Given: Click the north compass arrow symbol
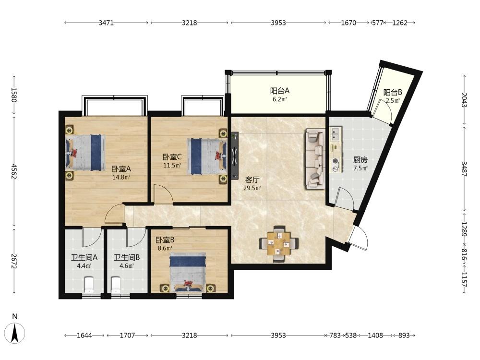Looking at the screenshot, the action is pyautogui.click(x=15, y=333).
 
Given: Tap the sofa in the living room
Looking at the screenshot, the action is pyautogui.click(x=315, y=158).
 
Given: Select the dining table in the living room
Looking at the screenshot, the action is pyautogui.click(x=278, y=243).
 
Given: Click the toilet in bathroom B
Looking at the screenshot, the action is pyautogui.click(x=116, y=284).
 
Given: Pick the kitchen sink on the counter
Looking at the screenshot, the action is pyautogui.click(x=335, y=134).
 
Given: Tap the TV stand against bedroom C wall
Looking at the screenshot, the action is pyautogui.click(x=235, y=156).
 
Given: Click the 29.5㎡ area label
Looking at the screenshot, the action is pyautogui.click(x=252, y=188).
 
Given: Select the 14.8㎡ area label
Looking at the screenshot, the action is pyautogui.click(x=121, y=177).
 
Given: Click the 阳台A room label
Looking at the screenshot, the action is pyautogui.click(x=280, y=91).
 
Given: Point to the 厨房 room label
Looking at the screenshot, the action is pyautogui.click(x=360, y=160).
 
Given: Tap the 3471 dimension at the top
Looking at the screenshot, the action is pyautogui.click(x=106, y=23).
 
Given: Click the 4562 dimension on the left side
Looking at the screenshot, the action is pyautogui.click(x=14, y=171).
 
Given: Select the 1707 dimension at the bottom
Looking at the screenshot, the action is pyautogui.click(x=127, y=336).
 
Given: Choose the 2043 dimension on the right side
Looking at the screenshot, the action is pyautogui.click(x=464, y=100).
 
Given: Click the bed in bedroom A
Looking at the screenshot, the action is pyautogui.click(x=85, y=153).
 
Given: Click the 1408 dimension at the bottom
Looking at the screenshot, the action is pyautogui.click(x=375, y=336).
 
